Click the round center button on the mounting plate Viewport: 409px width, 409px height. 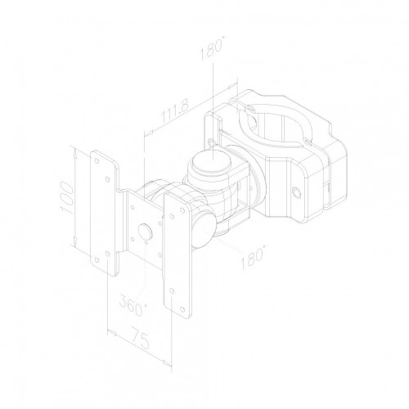coord(146,232)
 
